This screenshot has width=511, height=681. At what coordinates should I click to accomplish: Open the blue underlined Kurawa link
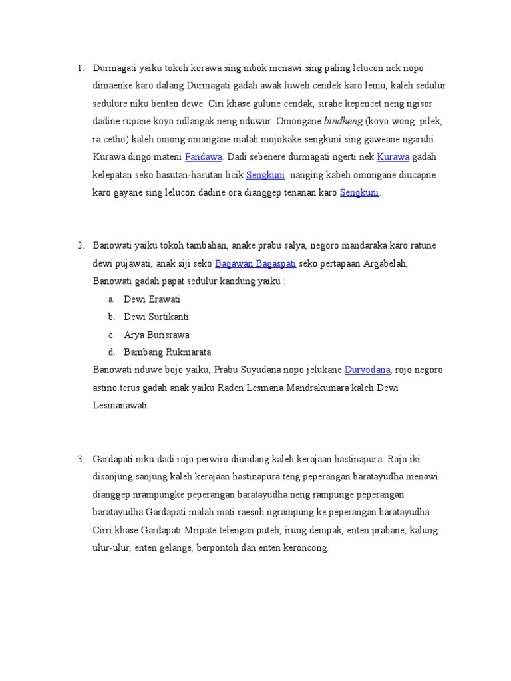pyautogui.click(x=392, y=157)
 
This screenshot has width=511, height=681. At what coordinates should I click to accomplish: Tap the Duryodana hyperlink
pyautogui.click(x=368, y=369)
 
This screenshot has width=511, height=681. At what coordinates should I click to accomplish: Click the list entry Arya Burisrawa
pyautogui.click(x=156, y=334)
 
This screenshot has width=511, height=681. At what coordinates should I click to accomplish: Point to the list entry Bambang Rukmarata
pyautogui.click(x=168, y=352)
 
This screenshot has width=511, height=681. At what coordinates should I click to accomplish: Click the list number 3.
pyautogui.click(x=80, y=459)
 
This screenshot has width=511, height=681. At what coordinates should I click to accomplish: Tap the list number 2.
pyautogui.click(x=80, y=245)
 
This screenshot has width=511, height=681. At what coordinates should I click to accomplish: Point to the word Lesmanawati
pyautogui.click(x=120, y=404)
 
